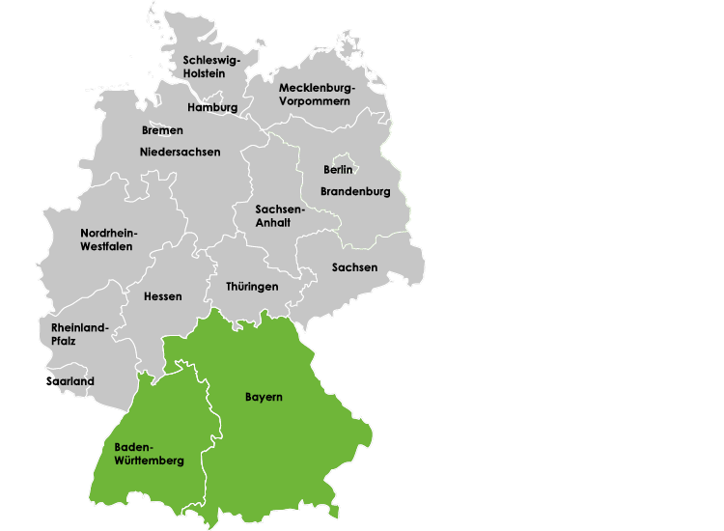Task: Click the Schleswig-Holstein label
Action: click(211, 67)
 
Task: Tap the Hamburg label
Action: click(212, 107)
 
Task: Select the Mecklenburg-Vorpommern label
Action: click(317, 95)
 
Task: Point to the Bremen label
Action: click(162, 130)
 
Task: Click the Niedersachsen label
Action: click(180, 153)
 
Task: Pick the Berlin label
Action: click(338, 170)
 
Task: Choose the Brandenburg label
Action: click(355, 191)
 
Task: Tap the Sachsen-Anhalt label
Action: click(280, 215)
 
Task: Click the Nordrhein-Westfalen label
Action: click(108, 239)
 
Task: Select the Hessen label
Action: click(162, 296)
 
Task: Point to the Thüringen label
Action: click(252, 287)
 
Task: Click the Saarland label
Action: click(70, 381)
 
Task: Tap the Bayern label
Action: click(264, 397)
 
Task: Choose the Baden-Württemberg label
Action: click(149, 454)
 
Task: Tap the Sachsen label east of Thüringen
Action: click(354, 267)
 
